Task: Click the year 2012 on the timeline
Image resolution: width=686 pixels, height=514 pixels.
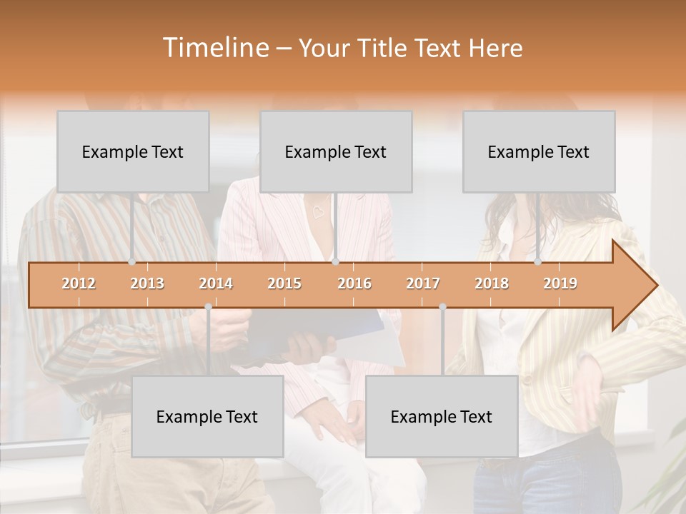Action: (x=79, y=283)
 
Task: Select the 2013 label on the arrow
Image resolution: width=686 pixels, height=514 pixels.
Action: (x=147, y=283)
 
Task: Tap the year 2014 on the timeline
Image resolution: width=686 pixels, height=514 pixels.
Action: (x=216, y=283)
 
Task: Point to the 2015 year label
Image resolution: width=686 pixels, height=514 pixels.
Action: (x=284, y=283)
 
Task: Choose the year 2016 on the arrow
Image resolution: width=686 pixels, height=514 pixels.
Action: (x=354, y=283)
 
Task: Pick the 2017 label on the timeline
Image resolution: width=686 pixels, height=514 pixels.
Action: (x=423, y=283)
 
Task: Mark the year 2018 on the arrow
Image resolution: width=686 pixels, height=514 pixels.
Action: (x=492, y=283)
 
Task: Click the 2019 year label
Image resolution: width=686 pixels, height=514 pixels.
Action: (x=560, y=283)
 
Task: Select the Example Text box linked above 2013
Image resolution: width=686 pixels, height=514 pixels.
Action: (x=133, y=152)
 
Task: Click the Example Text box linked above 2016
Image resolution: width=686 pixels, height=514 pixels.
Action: (x=336, y=152)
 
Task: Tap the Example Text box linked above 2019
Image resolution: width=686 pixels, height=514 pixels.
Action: (x=539, y=152)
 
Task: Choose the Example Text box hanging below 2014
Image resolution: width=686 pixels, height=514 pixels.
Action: (x=207, y=416)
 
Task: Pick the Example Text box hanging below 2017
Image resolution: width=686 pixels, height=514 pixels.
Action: (x=442, y=416)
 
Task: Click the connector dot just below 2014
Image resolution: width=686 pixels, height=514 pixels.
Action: (x=208, y=306)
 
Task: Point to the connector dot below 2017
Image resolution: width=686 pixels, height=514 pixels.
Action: (x=442, y=306)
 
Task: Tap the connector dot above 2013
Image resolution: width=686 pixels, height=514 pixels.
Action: (x=132, y=262)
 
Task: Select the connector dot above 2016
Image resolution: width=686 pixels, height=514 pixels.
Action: (x=335, y=262)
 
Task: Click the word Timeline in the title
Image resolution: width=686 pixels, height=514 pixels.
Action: (x=215, y=48)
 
